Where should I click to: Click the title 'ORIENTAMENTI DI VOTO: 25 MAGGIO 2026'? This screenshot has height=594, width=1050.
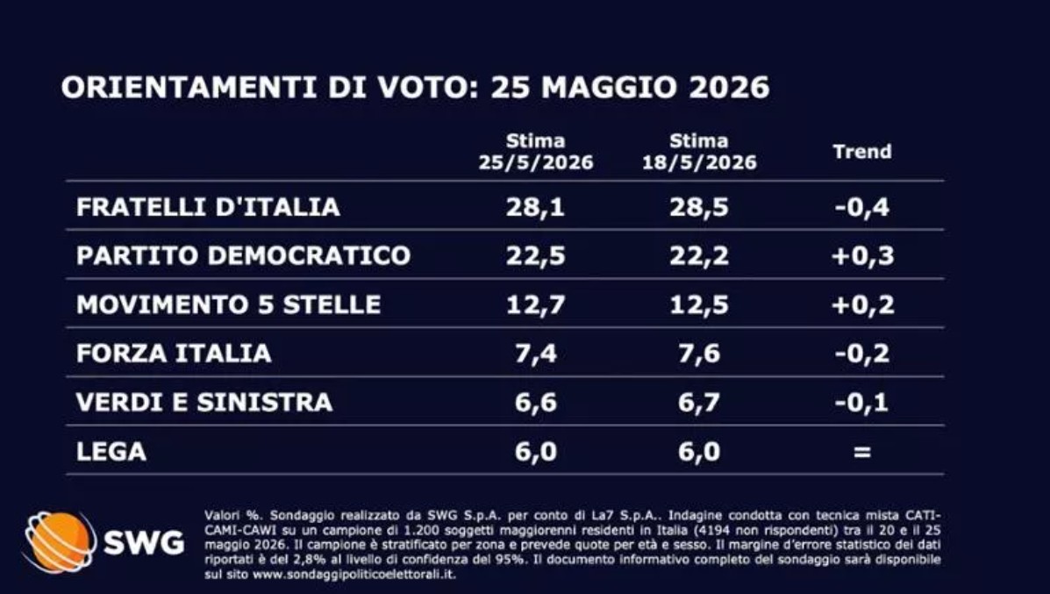click(415, 88)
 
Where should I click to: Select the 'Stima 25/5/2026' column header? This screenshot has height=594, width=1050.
click(536, 152)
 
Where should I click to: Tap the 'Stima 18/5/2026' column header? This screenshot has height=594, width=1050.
click(699, 152)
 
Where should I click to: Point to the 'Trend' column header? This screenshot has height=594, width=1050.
click(862, 152)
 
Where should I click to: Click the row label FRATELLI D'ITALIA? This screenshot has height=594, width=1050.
click(208, 207)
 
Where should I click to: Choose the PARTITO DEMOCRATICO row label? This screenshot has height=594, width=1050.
click(243, 256)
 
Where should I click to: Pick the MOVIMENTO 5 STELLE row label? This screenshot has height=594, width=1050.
click(228, 304)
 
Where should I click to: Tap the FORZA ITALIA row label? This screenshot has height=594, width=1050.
click(174, 354)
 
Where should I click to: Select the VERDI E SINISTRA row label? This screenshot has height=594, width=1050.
click(204, 403)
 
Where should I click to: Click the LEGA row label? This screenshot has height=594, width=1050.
click(111, 452)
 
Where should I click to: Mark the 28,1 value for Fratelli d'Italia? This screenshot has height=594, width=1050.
click(536, 208)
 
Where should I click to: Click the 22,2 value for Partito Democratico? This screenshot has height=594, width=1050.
click(699, 256)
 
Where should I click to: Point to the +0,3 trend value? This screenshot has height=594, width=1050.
click(862, 256)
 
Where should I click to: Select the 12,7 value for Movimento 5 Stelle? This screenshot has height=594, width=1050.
click(536, 305)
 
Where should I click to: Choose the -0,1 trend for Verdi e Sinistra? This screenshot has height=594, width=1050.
click(862, 403)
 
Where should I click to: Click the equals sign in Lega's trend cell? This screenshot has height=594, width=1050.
click(862, 452)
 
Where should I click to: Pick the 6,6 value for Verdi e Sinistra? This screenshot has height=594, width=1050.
click(536, 403)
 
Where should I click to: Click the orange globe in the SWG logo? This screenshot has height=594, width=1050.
click(60, 541)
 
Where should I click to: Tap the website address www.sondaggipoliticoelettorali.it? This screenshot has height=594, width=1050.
click(354, 575)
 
